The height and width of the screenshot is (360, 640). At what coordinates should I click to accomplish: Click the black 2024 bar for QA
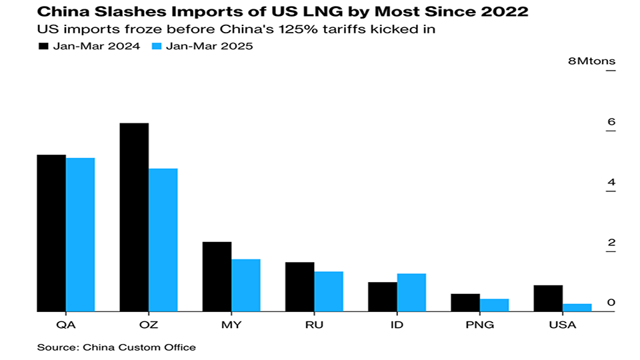[51, 233]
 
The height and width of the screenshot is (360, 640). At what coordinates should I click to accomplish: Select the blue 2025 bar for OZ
[163, 239]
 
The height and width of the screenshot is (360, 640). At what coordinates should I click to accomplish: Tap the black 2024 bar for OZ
[134, 217]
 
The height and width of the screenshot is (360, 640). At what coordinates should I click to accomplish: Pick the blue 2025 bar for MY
[246, 285]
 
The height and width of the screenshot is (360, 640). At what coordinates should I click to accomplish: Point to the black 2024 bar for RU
[300, 287]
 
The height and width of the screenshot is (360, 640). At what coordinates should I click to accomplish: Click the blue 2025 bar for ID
[411, 292]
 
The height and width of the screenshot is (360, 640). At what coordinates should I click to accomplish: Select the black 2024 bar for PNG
[465, 302]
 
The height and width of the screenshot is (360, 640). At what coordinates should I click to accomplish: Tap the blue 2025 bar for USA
[577, 307]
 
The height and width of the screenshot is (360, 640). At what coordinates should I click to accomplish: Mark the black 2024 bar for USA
[548, 298]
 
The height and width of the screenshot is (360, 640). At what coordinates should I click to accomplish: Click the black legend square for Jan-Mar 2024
[44, 47]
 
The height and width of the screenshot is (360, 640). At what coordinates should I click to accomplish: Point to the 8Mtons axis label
[591, 62]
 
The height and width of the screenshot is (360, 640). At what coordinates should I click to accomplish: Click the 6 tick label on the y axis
[611, 122]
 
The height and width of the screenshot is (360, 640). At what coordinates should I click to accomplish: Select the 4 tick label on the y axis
[611, 183]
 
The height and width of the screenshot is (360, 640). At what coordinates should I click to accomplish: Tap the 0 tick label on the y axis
[611, 303]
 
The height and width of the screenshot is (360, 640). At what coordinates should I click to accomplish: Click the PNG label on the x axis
[480, 325]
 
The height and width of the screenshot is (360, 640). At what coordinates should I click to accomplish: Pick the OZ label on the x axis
[148, 325]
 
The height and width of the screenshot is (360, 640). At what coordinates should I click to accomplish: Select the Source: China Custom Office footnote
[117, 347]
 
